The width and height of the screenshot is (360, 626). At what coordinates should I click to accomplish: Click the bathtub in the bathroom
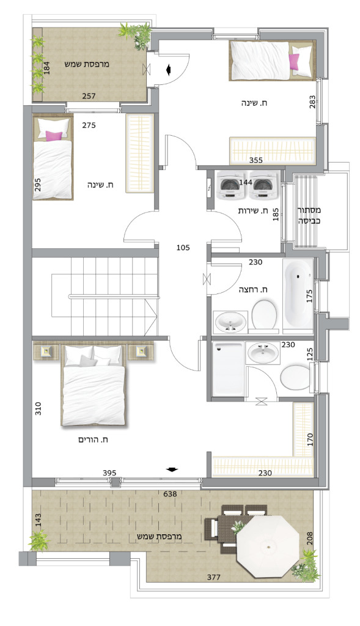pos(298,296)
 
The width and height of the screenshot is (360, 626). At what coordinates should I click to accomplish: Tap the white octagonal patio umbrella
pos(268,546)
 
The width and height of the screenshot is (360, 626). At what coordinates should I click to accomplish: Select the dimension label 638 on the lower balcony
pos(170,494)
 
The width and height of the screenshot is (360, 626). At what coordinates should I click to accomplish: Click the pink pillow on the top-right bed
pos(294,62)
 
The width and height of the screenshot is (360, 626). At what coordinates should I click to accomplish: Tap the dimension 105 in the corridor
pos(183,248)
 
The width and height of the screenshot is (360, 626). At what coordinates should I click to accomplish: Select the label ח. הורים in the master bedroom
pos(94,440)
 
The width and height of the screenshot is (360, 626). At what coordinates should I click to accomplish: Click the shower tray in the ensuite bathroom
pos(228,369)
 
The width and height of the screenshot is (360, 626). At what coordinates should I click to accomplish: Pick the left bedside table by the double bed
pos(46,352)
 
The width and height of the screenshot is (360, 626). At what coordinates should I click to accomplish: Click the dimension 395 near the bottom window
pos(109,473)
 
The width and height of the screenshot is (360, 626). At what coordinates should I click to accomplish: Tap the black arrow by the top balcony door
pos(169,70)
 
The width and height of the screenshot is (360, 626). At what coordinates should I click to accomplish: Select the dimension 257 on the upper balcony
pos(89,96)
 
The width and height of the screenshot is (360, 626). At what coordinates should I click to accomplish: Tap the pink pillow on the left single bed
pos(54,136)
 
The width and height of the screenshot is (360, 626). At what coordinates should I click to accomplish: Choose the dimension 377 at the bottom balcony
pos(213,577)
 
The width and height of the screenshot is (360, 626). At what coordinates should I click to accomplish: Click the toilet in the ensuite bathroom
pos(295,376)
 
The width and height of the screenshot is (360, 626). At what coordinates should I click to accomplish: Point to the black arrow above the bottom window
pos(172,469)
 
